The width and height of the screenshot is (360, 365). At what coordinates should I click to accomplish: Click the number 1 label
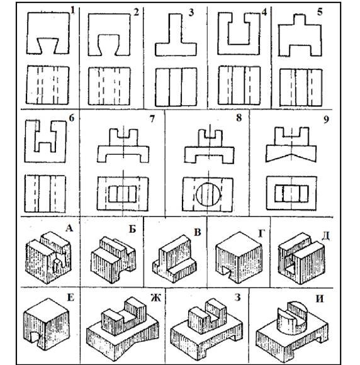pos(73,11)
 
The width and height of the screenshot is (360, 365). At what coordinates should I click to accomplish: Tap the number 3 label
pos(191,13)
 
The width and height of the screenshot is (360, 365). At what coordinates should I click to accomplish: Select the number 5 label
pos(320,12)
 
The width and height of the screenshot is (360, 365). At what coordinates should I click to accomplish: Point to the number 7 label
pos(152,119)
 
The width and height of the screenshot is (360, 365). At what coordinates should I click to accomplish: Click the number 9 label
pos(326,120)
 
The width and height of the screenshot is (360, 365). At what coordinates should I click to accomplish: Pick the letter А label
pos(69,228)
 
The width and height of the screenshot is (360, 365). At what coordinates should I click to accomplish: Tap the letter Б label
pos(132,230)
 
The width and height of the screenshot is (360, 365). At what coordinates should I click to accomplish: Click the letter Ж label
pos(155,298)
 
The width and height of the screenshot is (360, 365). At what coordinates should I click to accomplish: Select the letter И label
pos(320,299)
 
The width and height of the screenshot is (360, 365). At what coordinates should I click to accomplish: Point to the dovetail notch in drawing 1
pos(48,45)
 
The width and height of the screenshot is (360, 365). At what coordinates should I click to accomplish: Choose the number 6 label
pos(72,118)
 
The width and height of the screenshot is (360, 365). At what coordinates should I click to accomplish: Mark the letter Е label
pos(70,298)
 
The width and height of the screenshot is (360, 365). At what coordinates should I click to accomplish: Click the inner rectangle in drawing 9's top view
pos(291,194)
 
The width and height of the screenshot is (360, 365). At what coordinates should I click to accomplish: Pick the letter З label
pos(237,297)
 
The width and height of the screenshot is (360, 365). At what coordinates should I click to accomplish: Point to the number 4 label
pos(264,13)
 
